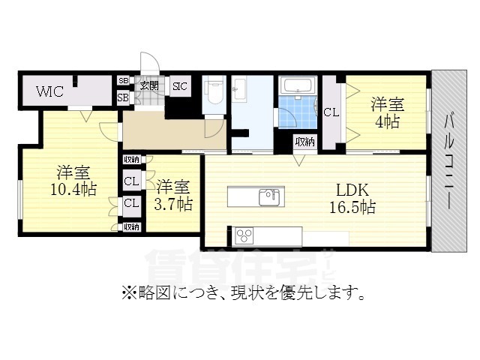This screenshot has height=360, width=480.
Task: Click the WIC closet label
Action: click(x=51, y=91)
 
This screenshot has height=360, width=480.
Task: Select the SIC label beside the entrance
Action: click(x=180, y=86)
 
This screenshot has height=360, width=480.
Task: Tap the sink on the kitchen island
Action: click(x=269, y=196)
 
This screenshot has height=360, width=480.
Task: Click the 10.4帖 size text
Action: click(x=72, y=189)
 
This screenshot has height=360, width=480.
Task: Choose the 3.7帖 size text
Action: click(x=174, y=203)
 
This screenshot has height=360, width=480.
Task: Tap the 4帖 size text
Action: click(x=387, y=122)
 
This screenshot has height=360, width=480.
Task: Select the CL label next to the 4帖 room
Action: click(x=331, y=112)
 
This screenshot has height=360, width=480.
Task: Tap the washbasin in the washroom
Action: click(x=239, y=89)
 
